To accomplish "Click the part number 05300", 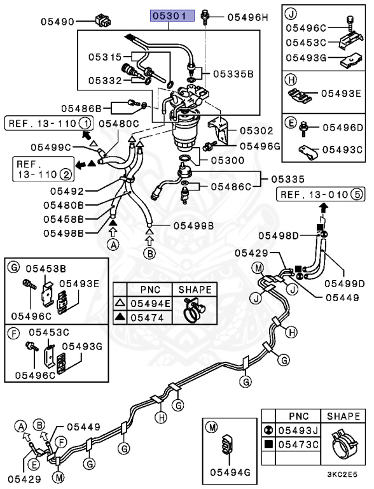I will pyautogui.click(x=228, y=160).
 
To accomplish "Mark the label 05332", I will pyautogui.click(x=105, y=80).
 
